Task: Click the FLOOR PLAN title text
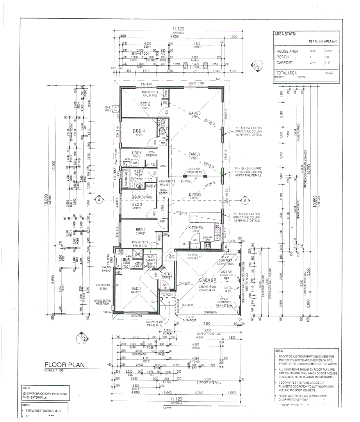(64, 365)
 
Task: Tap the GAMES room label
(194, 114)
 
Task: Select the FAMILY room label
(194, 154)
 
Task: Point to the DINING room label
(194, 195)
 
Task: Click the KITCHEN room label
(196, 227)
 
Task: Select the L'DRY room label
(136, 153)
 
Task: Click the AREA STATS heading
(285, 34)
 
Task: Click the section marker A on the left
(100, 200)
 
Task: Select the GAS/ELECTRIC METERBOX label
(103, 302)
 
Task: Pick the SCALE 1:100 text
(55, 370)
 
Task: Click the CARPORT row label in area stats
(285, 63)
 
